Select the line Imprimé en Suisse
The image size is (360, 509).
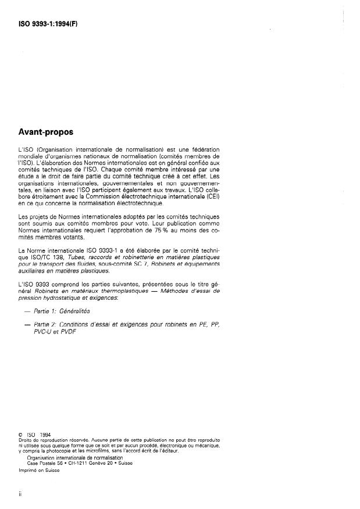40,470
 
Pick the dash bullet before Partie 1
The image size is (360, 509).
24,311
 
